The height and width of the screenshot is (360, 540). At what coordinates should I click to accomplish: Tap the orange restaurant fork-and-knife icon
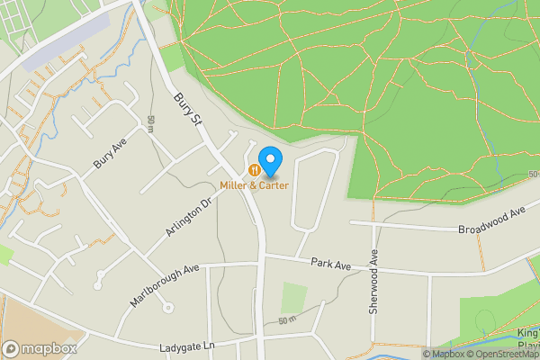coord(256,169)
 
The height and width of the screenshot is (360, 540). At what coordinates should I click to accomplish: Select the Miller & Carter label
coord(254,185)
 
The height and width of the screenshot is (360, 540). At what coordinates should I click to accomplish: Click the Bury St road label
coord(186,113)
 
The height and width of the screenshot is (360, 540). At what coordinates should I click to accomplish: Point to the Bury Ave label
coord(107,155)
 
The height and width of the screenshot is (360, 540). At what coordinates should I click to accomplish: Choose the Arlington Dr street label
coord(187,220)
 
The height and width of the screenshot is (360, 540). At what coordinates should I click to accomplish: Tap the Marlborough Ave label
coord(164,285)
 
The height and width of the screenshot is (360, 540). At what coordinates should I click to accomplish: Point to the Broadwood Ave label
coord(490,220)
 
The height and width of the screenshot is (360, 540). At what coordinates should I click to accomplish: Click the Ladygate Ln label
coord(189,346)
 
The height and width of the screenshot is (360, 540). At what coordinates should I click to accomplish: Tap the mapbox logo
coord(40,348)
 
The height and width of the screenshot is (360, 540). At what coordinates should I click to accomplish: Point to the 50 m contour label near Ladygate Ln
coord(287,320)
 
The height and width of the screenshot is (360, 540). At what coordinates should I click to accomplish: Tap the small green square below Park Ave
coord(294,298)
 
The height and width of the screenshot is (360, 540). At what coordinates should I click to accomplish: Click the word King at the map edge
coord(528,334)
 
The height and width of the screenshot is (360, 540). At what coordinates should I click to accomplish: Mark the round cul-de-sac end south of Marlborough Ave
coord(167,308)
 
